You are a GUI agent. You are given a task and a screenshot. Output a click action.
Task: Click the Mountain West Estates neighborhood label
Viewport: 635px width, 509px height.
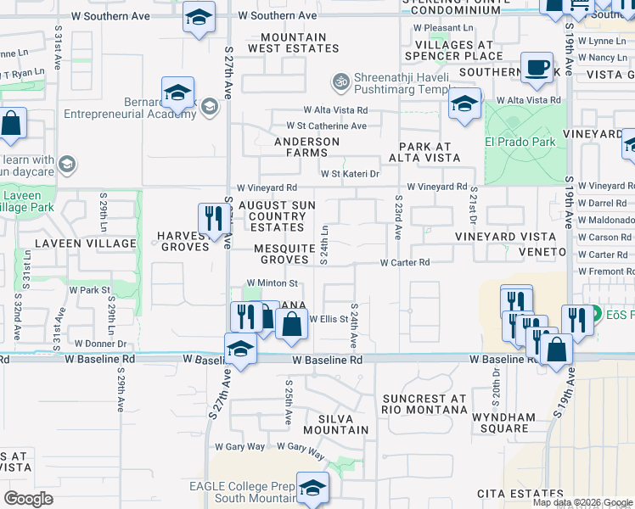pyautogui.click(x=293, y=43)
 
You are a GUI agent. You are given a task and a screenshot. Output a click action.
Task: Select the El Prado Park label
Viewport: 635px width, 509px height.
pyautogui.click(x=520, y=142)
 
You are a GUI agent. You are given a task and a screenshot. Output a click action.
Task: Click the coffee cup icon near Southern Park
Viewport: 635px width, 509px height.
pyautogui.click(x=536, y=69)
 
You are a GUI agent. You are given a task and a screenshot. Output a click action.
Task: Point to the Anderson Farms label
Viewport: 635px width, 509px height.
pyautogui.click(x=306, y=148)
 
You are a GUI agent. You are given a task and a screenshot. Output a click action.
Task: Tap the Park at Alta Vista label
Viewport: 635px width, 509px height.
pyautogui.click(x=424, y=152)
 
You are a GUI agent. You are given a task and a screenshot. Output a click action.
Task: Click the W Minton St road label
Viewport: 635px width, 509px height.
pyautogui.click(x=271, y=283)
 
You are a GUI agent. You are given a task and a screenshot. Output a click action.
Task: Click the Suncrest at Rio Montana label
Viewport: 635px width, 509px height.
pyautogui.click(x=424, y=404)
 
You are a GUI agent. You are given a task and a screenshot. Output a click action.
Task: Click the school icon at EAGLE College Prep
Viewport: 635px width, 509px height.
pyautogui.click(x=313, y=487)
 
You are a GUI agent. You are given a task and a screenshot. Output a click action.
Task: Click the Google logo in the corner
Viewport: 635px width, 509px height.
pyautogui.click(x=28, y=498)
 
